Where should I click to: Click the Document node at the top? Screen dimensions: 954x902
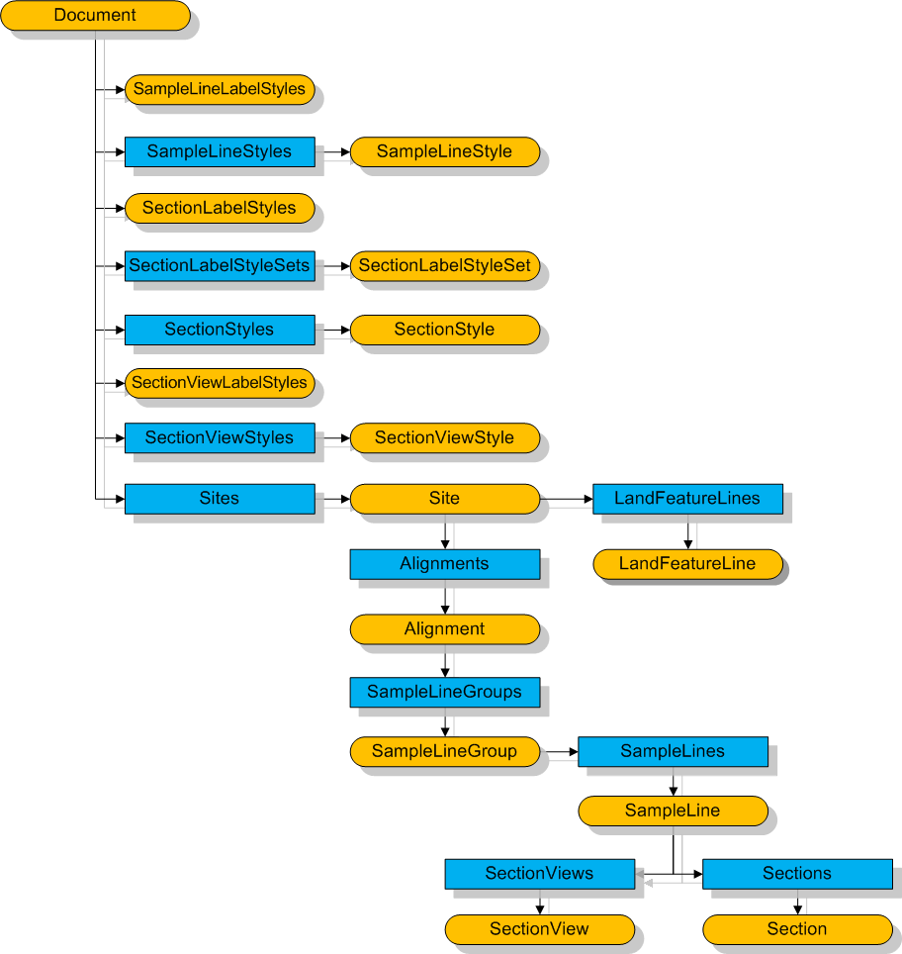[x=95, y=16]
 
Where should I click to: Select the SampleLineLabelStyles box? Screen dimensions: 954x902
[x=220, y=89]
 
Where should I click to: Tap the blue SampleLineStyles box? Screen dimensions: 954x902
[x=220, y=151]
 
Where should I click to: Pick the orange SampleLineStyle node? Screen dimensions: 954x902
[x=445, y=151]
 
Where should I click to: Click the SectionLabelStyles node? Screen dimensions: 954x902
[x=220, y=208]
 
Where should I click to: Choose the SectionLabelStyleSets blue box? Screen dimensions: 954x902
[x=220, y=265]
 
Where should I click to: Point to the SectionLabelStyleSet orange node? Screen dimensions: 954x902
[x=445, y=265]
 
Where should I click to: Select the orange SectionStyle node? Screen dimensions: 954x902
[x=445, y=330]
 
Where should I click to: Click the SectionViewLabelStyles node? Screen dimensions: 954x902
[x=220, y=383]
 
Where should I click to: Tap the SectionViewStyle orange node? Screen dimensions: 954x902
[x=445, y=437]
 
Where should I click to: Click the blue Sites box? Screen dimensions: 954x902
[x=220, y=498]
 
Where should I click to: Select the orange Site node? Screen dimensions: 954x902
[x=445, y=498]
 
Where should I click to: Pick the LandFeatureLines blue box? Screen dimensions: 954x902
[x=687, y=498]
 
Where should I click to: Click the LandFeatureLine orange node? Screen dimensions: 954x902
[x=687, y=564]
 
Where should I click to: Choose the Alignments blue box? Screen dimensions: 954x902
[x=445, y=564]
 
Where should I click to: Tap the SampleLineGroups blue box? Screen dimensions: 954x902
[x=445, y=692]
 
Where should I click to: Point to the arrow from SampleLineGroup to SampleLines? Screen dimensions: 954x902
[x=559, y=752]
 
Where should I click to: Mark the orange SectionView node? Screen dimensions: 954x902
[x=539, y=929]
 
